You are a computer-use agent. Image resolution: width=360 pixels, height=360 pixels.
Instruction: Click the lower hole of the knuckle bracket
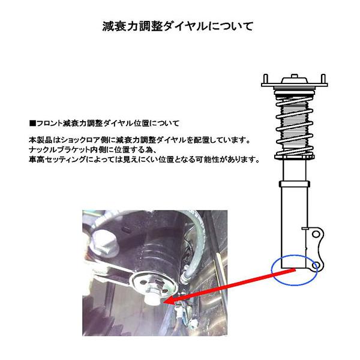tap(317, 264)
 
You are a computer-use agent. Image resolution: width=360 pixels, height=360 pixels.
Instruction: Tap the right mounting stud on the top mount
tap(324, 78)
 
